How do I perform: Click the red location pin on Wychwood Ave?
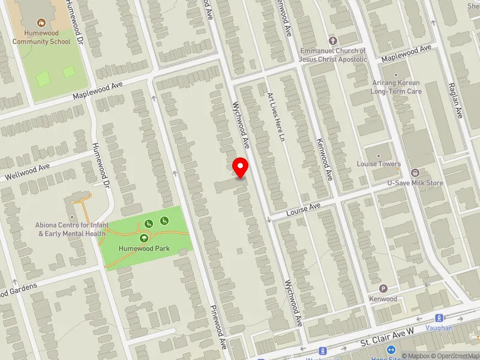241,167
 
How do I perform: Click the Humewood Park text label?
144,248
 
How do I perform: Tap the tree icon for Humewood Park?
144,238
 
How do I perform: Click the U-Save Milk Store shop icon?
415,173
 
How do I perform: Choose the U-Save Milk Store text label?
415,183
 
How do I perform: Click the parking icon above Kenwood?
383,289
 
